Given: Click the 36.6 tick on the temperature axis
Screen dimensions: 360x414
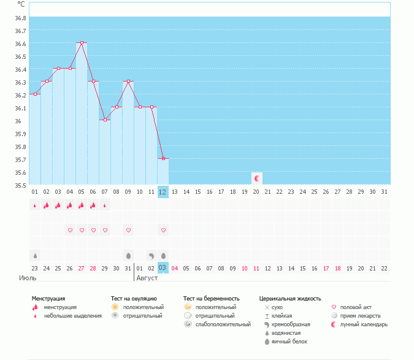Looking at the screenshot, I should click(21, 44).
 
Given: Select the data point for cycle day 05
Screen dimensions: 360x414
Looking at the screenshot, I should click(82, 42).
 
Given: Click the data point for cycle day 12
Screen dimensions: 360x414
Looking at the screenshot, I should click(163, 158).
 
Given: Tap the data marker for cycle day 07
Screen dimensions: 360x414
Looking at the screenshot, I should click(105, 120).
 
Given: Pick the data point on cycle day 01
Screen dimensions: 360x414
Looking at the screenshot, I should click(35, 94).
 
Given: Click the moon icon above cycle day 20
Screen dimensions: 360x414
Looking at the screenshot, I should click(258, 178).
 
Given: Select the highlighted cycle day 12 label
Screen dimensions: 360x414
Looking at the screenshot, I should click(163, 191).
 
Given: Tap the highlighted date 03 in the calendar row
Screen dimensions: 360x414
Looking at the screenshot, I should click(163, 268).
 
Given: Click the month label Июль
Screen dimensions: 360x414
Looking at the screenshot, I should click(28, 278).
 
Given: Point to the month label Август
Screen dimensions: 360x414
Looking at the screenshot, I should click(147, 278).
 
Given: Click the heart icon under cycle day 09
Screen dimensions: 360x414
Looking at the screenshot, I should click(128, 230).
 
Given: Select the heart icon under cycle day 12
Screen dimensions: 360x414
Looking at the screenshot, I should click(163, 230).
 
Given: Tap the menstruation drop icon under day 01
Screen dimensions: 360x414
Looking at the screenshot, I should click(35, 205).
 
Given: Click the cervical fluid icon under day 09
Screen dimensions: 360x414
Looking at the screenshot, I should click(128, 255).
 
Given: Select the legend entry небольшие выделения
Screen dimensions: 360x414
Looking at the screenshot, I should click(73, 316).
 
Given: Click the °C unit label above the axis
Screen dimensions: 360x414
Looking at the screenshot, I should click(21, 4).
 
